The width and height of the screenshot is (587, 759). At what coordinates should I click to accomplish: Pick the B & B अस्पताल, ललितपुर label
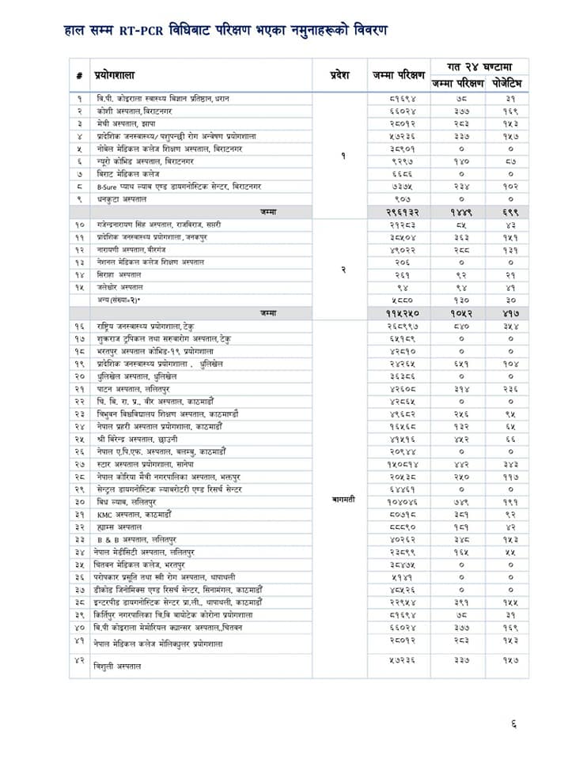pos(132,539)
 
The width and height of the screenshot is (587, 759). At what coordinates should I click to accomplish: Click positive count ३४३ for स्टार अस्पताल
pos(510,464)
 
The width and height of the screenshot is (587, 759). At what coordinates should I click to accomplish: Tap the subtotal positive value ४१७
pos(510,313)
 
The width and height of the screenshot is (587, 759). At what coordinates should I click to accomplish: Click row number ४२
pos(79,659)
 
